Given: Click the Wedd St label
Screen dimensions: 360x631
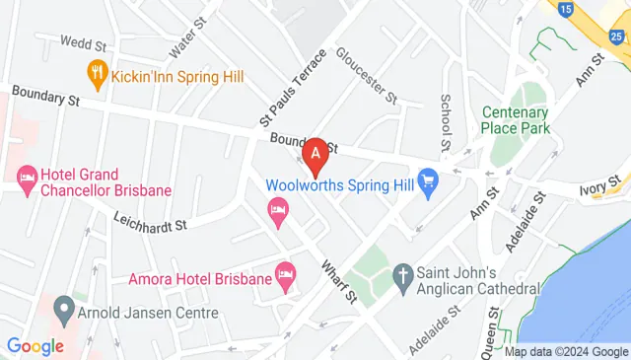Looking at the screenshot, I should click(x=83, y=43).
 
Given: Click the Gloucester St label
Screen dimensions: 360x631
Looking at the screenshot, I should click(x=366, y=75).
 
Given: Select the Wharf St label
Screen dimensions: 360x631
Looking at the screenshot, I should click(x=337, y=280).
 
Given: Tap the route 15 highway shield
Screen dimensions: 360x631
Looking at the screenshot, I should click(x=565, y=9).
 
